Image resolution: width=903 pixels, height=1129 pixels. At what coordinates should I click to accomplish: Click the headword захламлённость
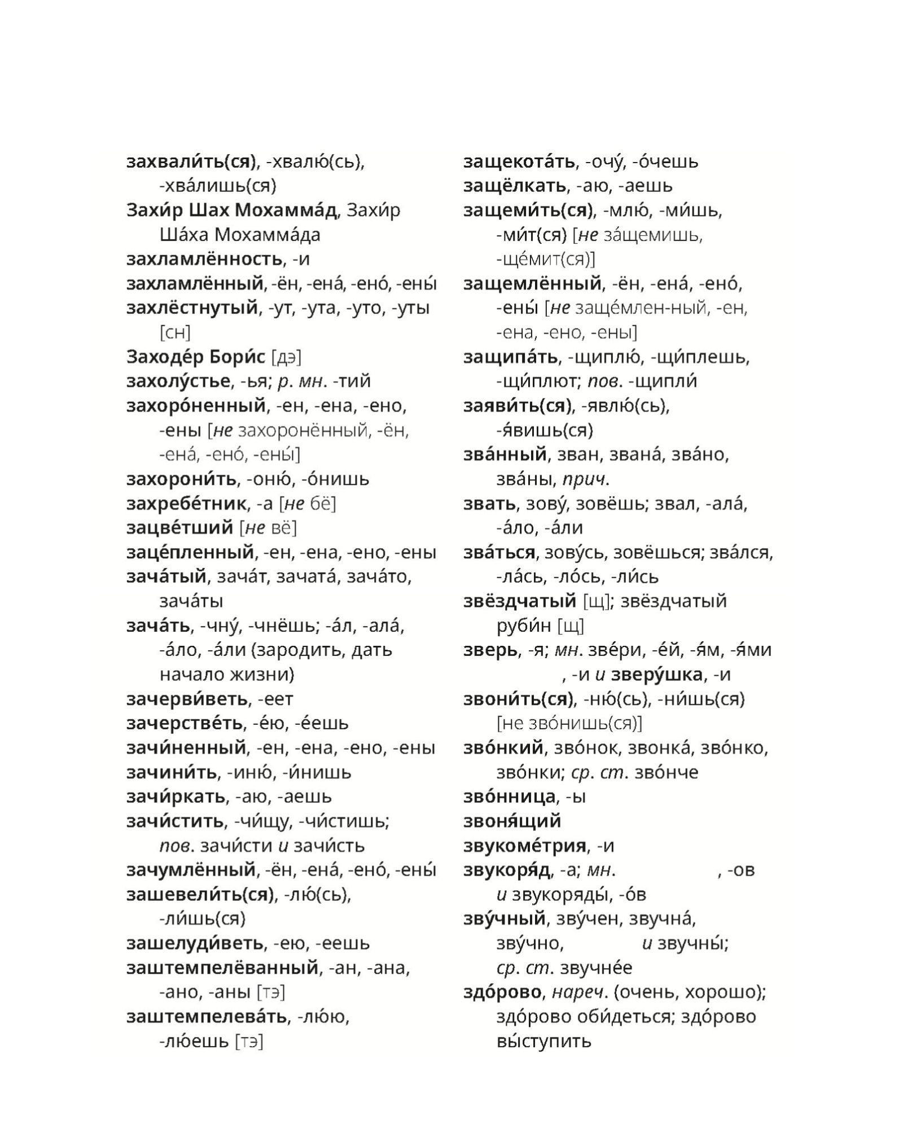204,259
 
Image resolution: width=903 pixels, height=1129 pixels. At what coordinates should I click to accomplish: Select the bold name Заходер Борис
195,357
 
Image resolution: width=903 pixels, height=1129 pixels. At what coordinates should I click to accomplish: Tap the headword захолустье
178,381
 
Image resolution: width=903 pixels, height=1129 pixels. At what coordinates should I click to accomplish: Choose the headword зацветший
179,528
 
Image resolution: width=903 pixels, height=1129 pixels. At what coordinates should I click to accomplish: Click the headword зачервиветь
187,699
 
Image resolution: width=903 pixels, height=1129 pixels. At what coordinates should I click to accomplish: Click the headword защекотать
519,161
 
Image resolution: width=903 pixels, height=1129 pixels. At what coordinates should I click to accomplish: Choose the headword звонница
509,797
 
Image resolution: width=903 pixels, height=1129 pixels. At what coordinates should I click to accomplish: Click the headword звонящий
512,821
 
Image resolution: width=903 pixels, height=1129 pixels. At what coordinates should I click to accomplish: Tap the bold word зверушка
657,675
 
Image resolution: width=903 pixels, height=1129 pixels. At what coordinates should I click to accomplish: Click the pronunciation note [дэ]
286,357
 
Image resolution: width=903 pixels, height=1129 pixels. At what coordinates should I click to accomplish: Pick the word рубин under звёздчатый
523,625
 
